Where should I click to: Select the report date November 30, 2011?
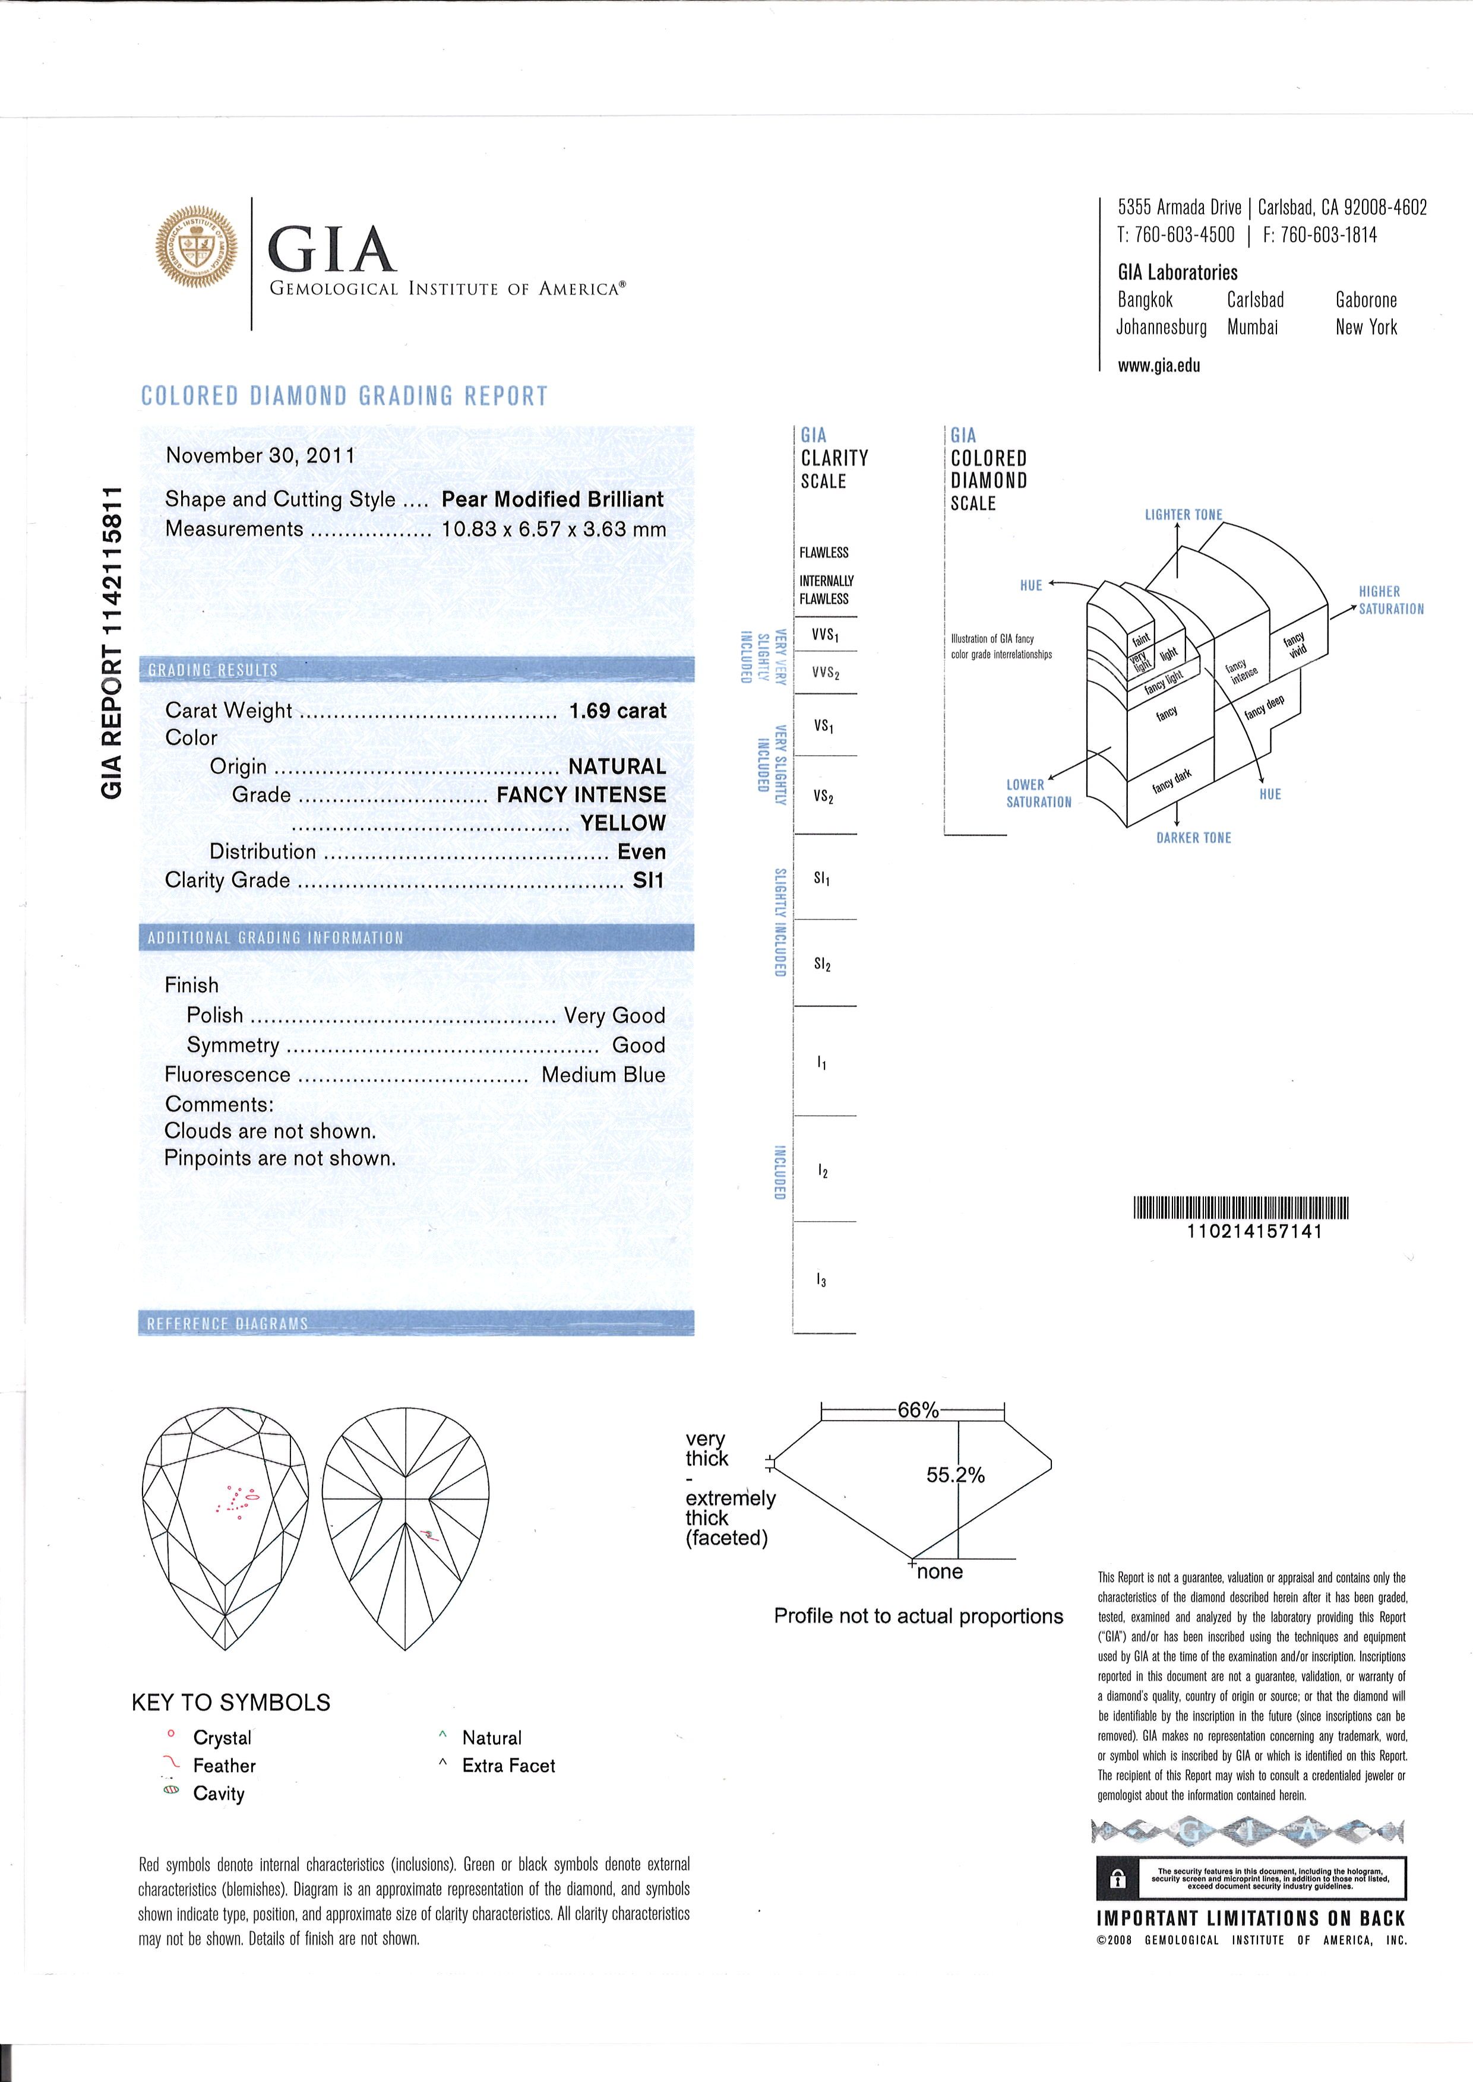(x=260, y=455)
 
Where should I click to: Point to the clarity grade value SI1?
(x=649, y=880)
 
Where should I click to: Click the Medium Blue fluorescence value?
(x=603, y=1075)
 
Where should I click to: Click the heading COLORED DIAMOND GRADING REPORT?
(x=344, y=396)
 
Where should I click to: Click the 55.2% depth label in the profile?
(x=955, y=1475)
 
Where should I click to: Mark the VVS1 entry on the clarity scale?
(x=826, y=636)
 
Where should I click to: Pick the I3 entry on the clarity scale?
(x=822, y=1281)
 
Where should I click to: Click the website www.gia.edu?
(x=1159, y=366)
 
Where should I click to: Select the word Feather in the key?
(x=224, y=1766)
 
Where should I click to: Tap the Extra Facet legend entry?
(x=508, y=1766)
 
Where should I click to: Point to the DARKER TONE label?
(x=1194, y=838)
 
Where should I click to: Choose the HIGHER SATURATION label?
(x=1390, y=600)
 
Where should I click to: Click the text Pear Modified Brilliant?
(x=552, y=500)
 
